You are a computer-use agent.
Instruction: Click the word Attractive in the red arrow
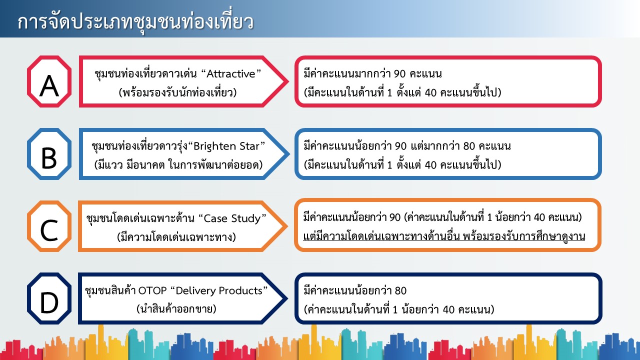click(x=230, y=74)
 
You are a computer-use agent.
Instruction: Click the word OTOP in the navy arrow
click(x=152, y=291)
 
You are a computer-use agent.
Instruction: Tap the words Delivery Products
click(x=219, y=291)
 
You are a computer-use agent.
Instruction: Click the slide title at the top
click(x=135, y=22)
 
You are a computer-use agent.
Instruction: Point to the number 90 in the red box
click(x=399, y=74)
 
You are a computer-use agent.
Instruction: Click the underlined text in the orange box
click(x=444, y=236)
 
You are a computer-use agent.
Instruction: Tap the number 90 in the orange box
click(x=395, y=217)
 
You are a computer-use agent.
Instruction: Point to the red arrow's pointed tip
click(x=288, y=81)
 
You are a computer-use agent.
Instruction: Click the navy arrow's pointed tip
click(x=287, y=298)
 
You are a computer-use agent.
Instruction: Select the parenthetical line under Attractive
click(x=177, y=92)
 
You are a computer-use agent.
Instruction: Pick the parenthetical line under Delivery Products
click(x=176, y=309)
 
